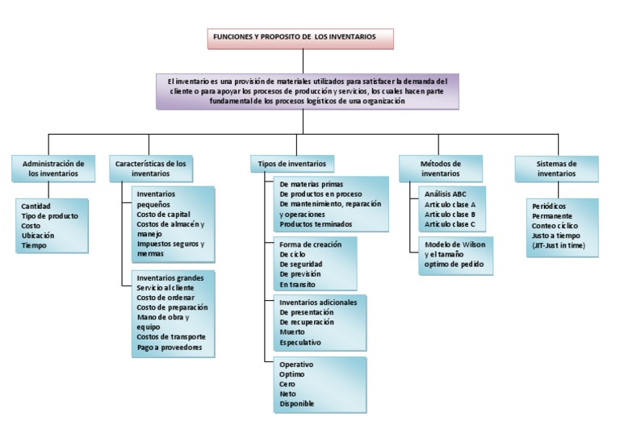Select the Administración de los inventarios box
tap(53, 168)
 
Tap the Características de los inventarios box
tap(150, 168)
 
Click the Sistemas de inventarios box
tap(557, 168)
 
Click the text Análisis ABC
tap(445, 194)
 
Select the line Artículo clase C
tap(450, 224)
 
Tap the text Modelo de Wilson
tap(454, 244)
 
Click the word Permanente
tap(552, 216)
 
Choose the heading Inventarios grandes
tap(170, 278)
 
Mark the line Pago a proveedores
tap(170, 347)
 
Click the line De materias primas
tap(311, 184)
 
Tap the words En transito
tap(297, 284)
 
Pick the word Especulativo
tap(300, 342)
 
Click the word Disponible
tap(296, 403)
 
